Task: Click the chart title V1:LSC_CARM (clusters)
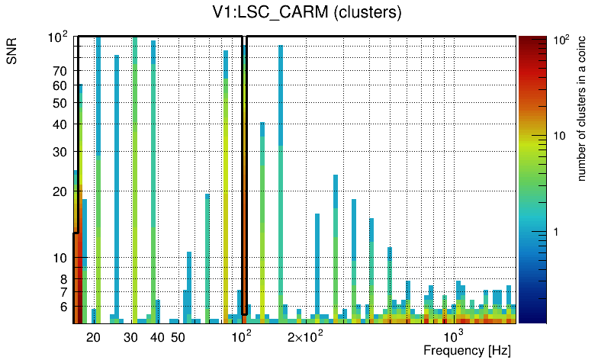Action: pyautogui.click(x=306, y=13)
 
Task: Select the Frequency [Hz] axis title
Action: pyautogui.click(x=467, y=350)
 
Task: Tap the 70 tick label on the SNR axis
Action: pyautogui.click(x=60, y=72)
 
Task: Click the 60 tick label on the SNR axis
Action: pyautogui.click(x=60, y=86)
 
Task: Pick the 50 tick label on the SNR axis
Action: pyautogui.click(x=60, y=104)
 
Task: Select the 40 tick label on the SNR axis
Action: pyautogui.click(x=60, y=125)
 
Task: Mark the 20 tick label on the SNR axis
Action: pyautogui.click(x=60, y=192)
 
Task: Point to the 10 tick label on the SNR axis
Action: pyautogui.click(x=60, y=259)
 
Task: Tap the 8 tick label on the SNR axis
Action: pyautogui.click(x=63, y=280)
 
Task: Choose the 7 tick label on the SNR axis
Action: pyautogui.click(x=63, y=293)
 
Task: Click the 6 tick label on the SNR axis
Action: pyautogui.click(x=63, y=307)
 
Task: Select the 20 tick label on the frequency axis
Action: pyautogui.click(x=93, y=337)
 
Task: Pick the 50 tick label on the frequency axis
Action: pyautogui.click(x=177, y=337)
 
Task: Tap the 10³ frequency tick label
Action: pyautogui.click(x=454, y=336)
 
